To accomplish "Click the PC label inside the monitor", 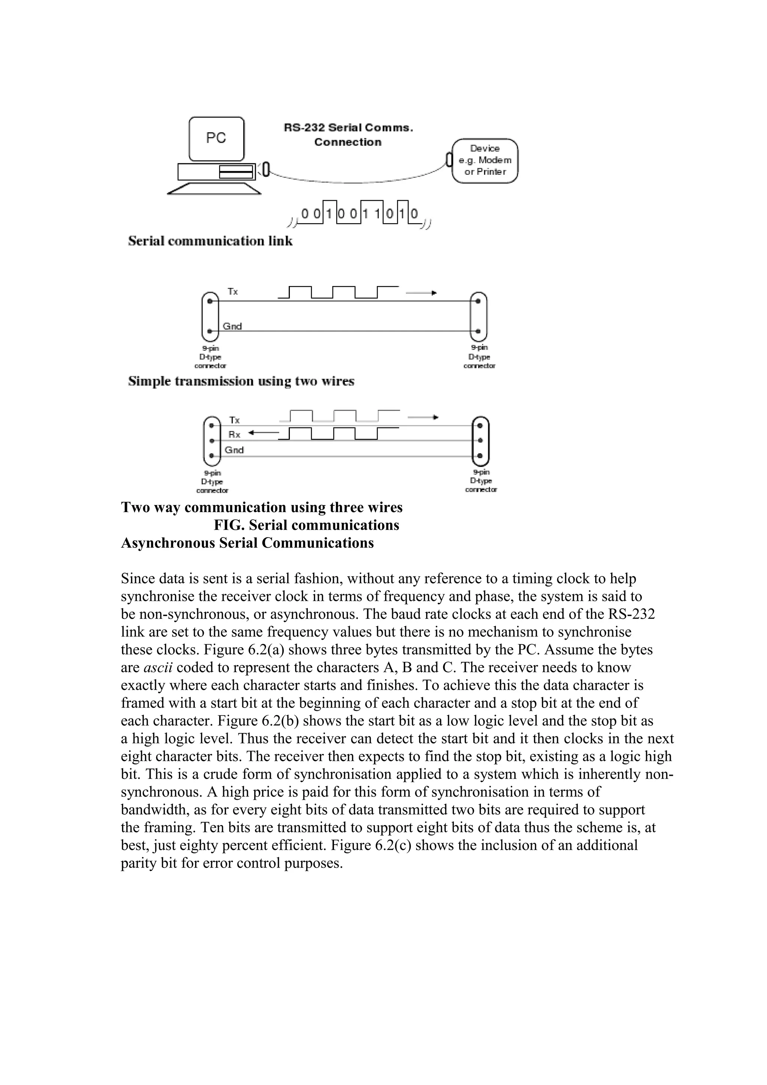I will pos(216,138).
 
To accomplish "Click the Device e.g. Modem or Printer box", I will pos(485,161).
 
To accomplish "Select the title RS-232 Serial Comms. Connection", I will pos(348,135).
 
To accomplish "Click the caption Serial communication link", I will pos(210,241).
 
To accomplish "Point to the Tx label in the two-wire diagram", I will pos(233,292).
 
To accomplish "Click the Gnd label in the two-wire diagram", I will pos(232,326).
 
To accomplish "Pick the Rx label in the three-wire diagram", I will pos(234,434).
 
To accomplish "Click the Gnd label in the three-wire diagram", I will pos(234,450).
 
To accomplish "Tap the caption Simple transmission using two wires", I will pos(241,382).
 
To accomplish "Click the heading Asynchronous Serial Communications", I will pos(247,543).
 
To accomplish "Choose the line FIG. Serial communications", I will pos(306,525).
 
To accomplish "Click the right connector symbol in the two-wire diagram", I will pos(478,316).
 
